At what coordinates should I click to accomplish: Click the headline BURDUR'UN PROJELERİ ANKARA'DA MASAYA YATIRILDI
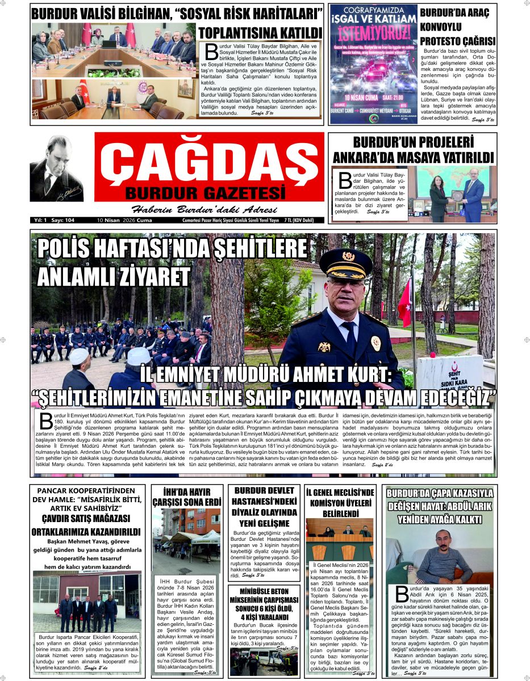pos(413,150)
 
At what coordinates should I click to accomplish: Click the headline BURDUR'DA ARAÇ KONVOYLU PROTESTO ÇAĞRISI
pos(457,27)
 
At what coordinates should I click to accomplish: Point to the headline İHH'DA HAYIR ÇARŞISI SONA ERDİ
pos(186,497)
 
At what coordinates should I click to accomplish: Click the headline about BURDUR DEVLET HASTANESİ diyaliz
pos(265,506)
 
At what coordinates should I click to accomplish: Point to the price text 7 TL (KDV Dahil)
pos(304,220)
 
